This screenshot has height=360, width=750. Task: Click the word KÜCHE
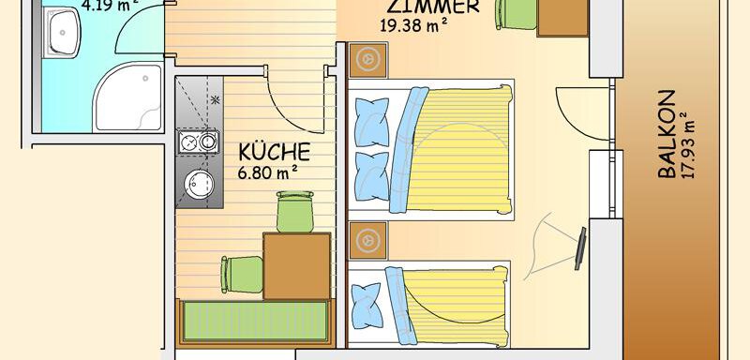pyautogui.click(x=274, y=152)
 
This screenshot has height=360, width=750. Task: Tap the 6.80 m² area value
pyautogui.click(x=268, y=172)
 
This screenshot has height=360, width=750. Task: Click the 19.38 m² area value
pyautogui.click(x=412, y=25)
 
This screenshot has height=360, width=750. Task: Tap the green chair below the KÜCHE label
pyautogui.click(x=294, y=211)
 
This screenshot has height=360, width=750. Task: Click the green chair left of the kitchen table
pyautogui.click(x=241, y=276)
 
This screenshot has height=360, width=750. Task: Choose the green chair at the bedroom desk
pyautogui.click(x=515, y=14)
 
